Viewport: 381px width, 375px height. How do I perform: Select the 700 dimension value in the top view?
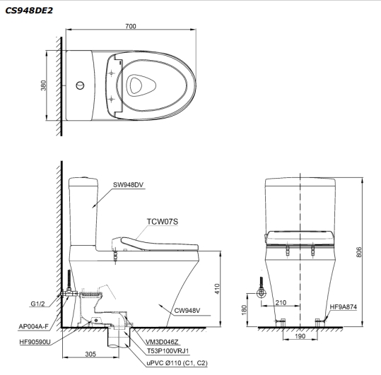[x=131, y=25]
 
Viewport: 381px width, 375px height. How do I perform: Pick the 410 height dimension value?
[x=219, y=287]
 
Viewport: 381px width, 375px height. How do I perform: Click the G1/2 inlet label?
[x=38, y=304]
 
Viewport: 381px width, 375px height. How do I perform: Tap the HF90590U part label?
[x=35, y=342]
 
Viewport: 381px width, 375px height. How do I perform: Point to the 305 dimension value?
[x=90, y=355]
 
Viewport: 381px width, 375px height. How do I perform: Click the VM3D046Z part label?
[x=165, y=341]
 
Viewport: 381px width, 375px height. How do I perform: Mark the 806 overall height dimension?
[x=368, y=251]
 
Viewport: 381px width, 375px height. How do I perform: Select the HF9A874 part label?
[x=343, y=306]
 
